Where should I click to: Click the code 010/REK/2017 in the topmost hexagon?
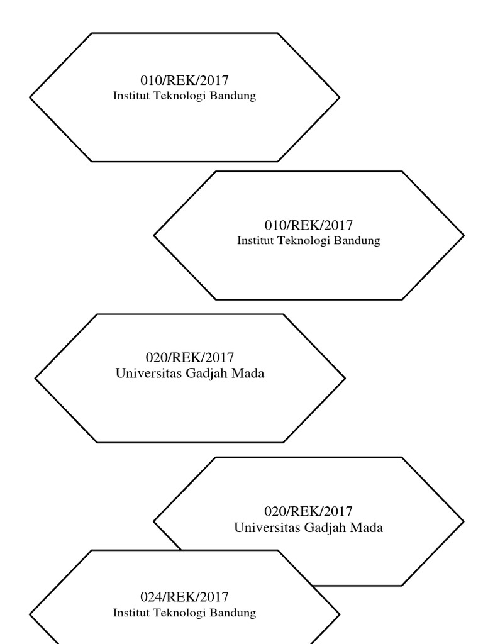click(184, 81)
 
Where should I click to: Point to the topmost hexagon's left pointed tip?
click(31, 97)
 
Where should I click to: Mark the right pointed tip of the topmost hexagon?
click(339, 97)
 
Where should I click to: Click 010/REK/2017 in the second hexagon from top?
click(308, 225)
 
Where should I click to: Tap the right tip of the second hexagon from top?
click(464, 236)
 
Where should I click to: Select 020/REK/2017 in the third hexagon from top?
click(190, 358)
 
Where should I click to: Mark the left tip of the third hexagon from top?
click(36, 379)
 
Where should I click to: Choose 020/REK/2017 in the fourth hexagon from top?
click(308, 511)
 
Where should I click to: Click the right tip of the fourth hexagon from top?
click(464, 521)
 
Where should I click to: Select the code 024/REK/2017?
click(184, 596)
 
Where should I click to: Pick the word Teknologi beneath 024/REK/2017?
click(180, 613)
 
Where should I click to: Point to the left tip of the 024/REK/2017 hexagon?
click(31, 614)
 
